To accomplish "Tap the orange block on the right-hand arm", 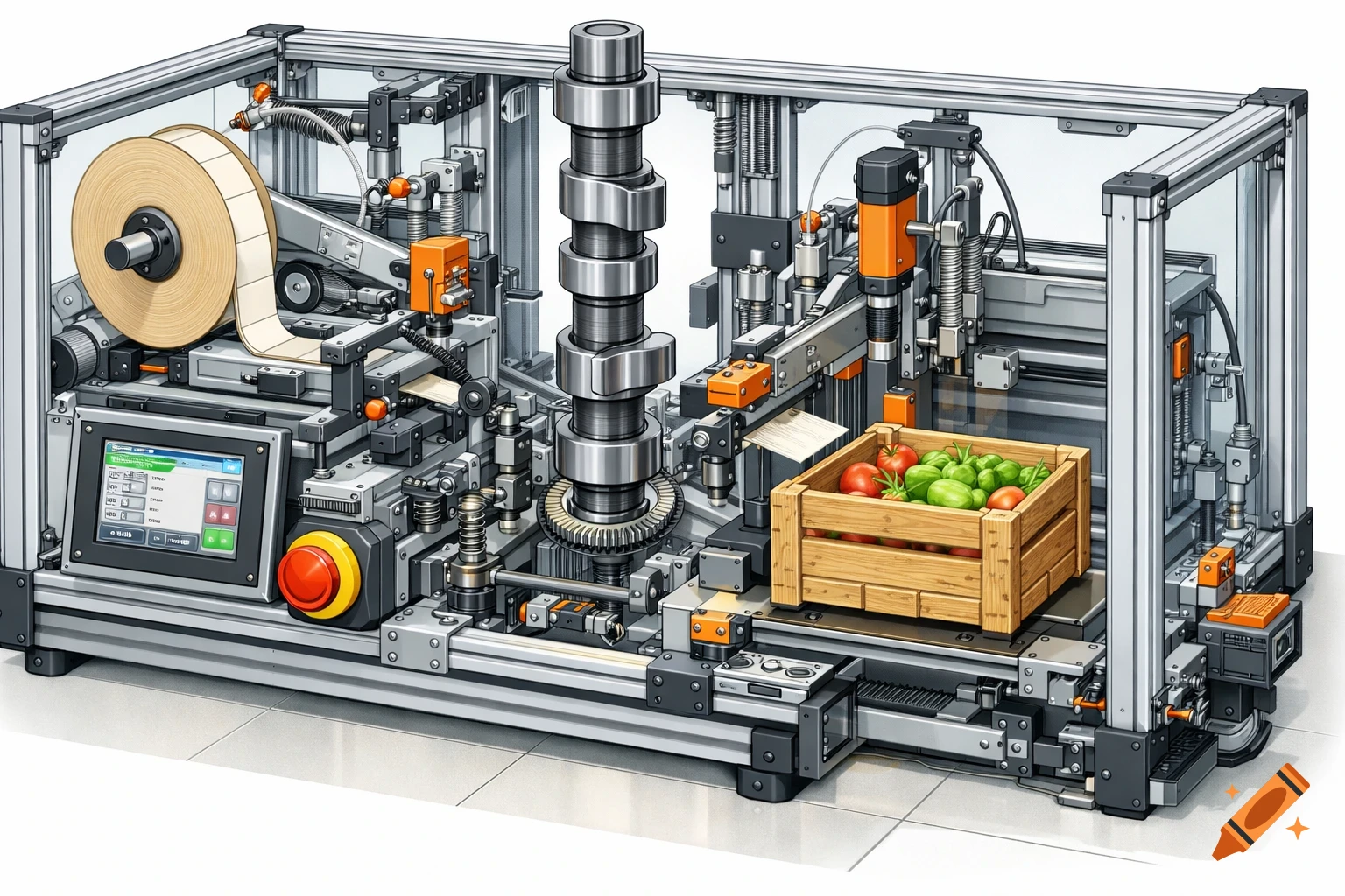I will [x=738, y=382].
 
